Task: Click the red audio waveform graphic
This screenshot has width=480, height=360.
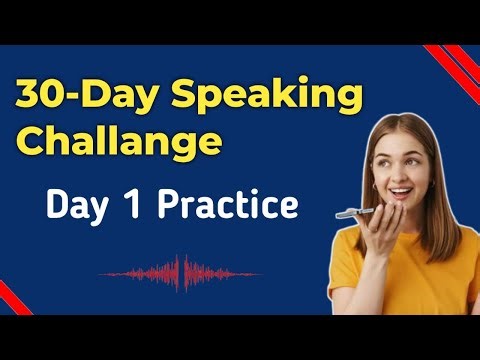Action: click(180, 271)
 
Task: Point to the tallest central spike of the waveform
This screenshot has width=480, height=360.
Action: click(181, 271)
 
